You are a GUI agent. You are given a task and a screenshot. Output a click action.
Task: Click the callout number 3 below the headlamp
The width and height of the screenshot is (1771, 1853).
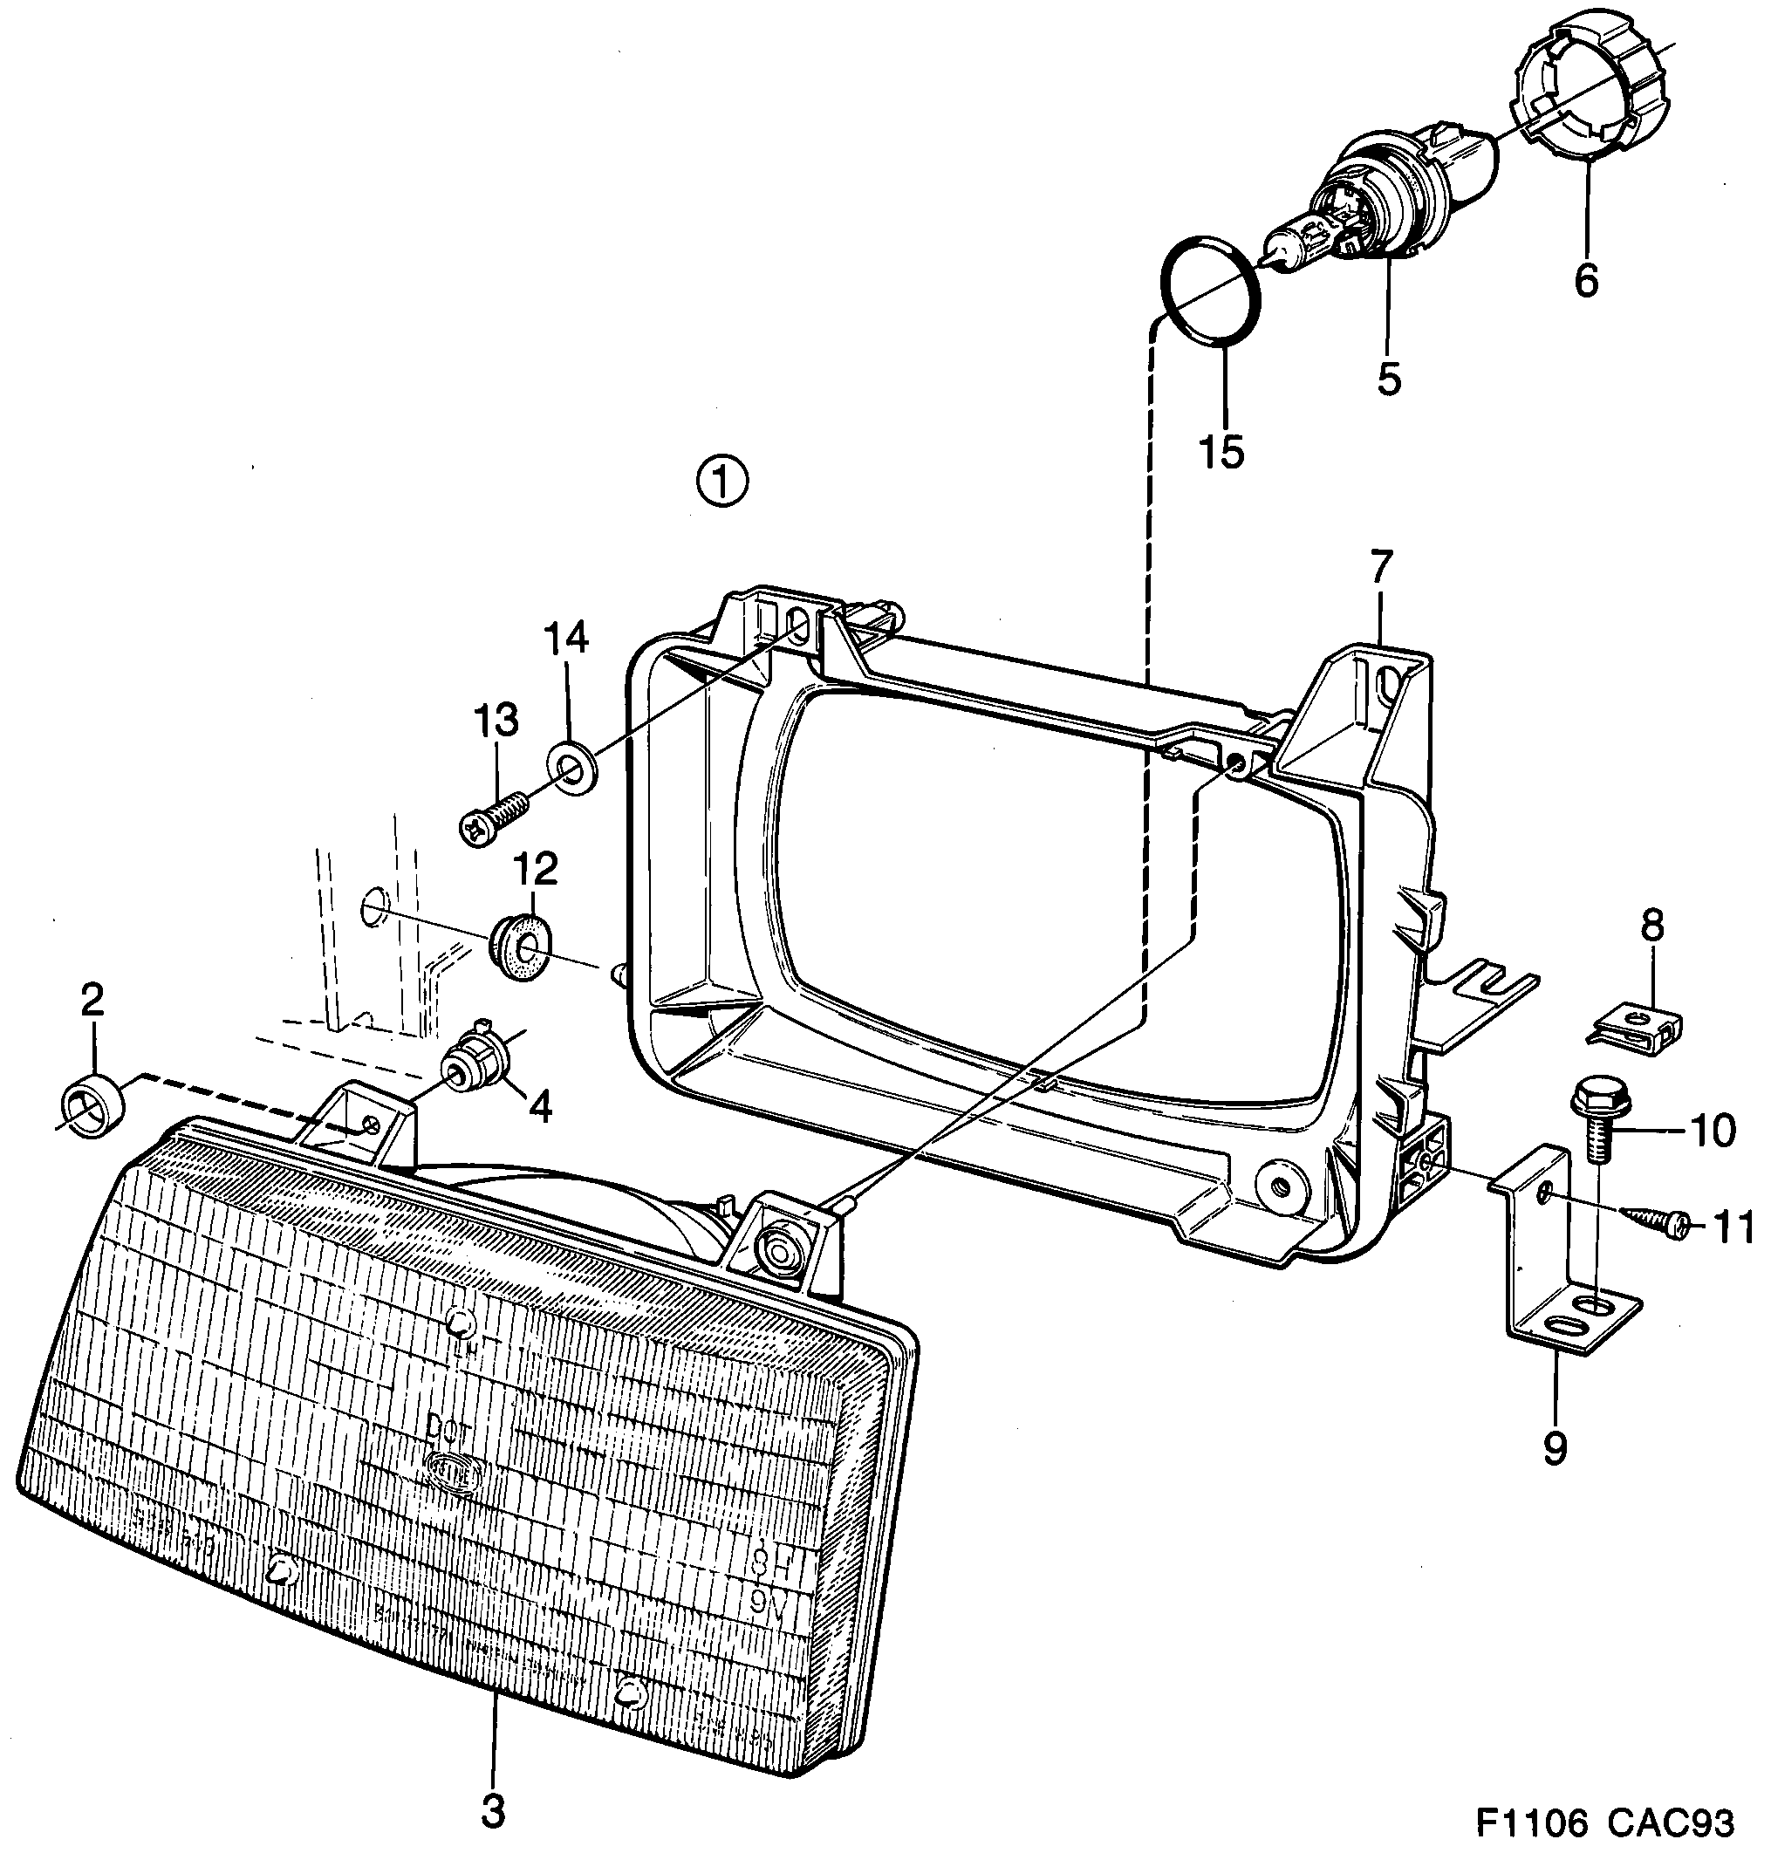click(x=493, y=1810)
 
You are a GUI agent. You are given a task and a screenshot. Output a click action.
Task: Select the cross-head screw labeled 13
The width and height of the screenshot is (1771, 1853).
click(x=494, y=815)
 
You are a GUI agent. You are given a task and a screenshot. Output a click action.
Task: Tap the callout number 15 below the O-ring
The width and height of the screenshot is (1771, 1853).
click(x=1222, y=452)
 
